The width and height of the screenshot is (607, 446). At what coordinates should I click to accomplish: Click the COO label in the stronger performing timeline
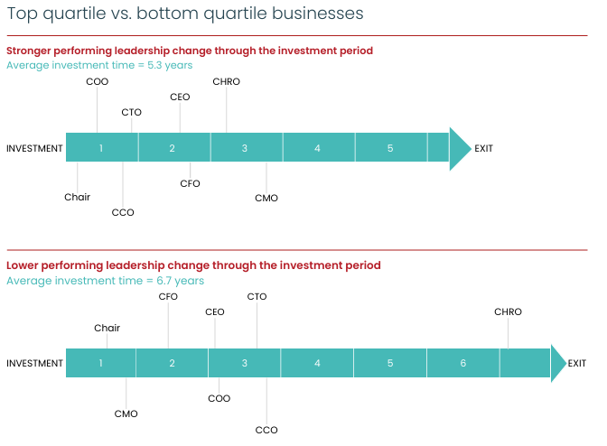[x=98, y=81]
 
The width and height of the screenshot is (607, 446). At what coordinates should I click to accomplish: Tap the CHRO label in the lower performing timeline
[x=508, y=311]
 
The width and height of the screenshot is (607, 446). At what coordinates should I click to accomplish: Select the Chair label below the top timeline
[x=77, y=197]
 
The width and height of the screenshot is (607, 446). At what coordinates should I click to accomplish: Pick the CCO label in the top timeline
[x=123, y=212]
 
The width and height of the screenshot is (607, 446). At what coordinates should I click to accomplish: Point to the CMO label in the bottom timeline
[x=126, y=413]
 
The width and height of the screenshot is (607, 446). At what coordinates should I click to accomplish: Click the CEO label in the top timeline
[x=180, y=97]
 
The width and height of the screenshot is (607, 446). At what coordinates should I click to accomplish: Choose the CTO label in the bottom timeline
[x=257, y=297]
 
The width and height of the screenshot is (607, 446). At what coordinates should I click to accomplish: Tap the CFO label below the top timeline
[x=190, y=183]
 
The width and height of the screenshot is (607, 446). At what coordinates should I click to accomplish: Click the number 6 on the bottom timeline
[x=463, y=363]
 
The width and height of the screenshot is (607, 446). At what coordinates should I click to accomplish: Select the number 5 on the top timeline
[x=390, y=148]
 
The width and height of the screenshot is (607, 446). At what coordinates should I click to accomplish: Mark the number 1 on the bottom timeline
[x=100, y=363]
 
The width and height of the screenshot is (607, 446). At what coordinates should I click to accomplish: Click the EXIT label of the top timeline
[x=483, y=149]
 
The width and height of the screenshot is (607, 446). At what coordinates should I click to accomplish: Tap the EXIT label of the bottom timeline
[x=577, y=363]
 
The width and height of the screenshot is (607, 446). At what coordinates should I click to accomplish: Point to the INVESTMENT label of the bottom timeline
[x=34, y=363]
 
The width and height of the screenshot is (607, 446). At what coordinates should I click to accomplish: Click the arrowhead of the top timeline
[x=461, y=149]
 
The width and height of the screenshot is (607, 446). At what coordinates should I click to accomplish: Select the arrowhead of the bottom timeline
[x=558, y=363]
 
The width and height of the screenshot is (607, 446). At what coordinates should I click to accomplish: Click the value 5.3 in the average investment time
[x=154, y=65]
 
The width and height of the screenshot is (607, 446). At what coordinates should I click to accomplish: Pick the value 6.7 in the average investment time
[x=164, y=281]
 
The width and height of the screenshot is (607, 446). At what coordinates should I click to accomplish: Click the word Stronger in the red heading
[x=29, y=51]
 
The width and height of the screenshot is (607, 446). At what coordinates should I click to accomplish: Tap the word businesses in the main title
[x=317, y=14]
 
